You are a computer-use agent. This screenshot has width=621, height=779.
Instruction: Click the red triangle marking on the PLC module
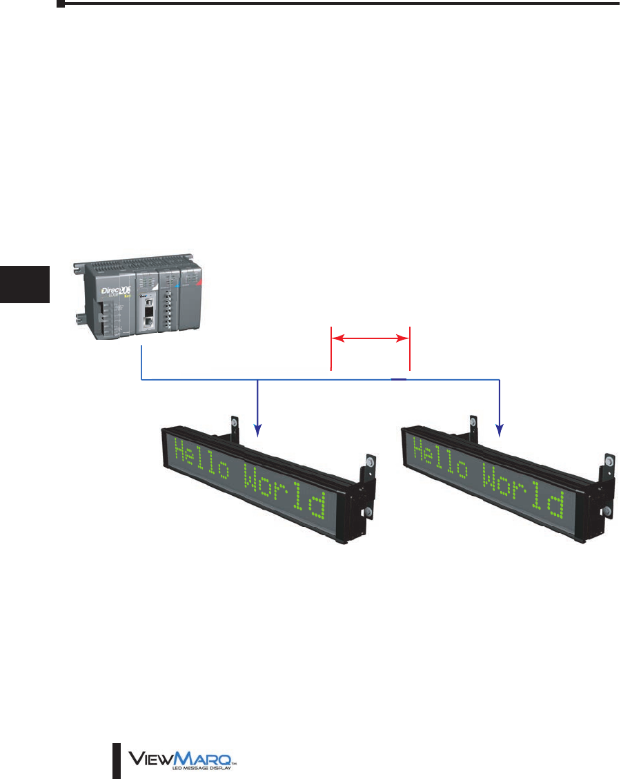(x=199, y=282)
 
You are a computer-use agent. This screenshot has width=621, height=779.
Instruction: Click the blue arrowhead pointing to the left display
(x=257, y=431)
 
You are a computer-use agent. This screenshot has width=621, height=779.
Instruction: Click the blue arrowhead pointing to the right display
(x=499, y=431)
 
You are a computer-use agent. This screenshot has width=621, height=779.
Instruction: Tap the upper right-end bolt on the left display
(x=370, y=462)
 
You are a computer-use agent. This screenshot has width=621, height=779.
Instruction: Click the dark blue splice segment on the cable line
(x=399, y=379)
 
